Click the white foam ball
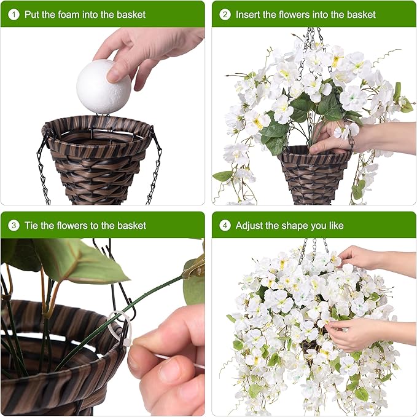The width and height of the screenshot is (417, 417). [x=103, y=87]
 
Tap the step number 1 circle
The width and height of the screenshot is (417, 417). [x=14, y=14]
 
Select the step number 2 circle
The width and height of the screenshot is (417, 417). [x=225, y=14]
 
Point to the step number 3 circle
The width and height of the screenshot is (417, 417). [x=14, y=226]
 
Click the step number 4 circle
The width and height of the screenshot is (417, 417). [x=225, y=226]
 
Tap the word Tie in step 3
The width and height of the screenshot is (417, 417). [x=31, y=226]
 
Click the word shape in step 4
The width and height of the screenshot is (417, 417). [x=295, y=226]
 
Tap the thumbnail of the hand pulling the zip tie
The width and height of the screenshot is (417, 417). [x=166, y=362]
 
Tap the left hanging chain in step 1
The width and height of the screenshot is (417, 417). [x=43, y=165]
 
